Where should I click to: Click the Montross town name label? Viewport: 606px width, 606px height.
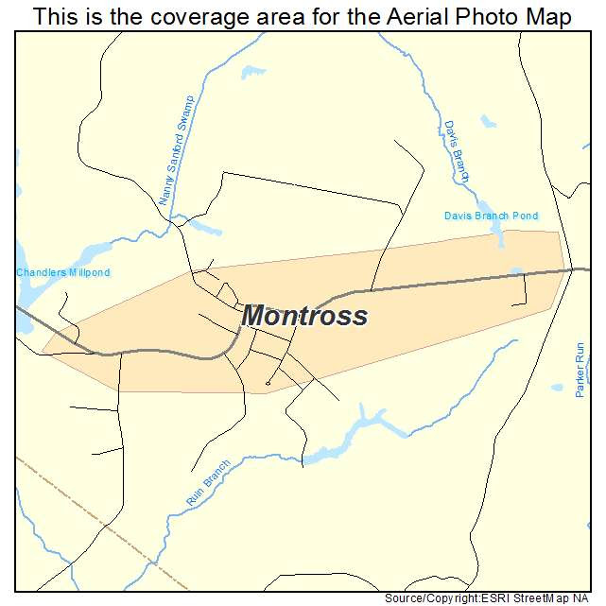coord(304,316)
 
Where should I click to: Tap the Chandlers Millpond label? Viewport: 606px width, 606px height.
coord(62,273)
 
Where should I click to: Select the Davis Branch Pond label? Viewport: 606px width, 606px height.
coord(491,216)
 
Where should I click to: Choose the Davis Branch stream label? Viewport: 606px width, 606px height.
coord(456,151)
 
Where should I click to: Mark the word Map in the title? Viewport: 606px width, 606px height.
coord(547,17)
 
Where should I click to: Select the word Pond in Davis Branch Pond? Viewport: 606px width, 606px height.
coord(524,216)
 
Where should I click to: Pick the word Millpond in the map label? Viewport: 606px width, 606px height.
coord(86,273)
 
